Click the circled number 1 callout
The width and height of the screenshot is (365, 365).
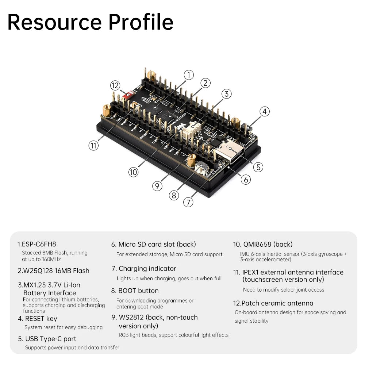coord(188,75)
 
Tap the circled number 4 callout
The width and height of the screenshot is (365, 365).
coord(265,112)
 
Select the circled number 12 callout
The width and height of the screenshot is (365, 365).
coord(115,85)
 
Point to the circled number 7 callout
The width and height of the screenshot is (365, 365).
coord(188,202)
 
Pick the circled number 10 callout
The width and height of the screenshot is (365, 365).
coord(134,172)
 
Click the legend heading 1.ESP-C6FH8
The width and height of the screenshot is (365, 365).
coord(37,244)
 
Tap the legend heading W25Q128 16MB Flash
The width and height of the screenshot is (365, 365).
coord(53,271)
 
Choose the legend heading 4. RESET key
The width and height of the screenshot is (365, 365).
coord(38,319)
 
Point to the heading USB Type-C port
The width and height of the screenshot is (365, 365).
coord(50,339)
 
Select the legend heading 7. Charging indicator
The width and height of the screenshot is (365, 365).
coord(144,269)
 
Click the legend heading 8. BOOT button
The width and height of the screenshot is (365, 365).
coord(135,291)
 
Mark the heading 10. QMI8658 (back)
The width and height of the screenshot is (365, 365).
coord(263,245)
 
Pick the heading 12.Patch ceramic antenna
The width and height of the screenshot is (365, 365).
coord(273,303)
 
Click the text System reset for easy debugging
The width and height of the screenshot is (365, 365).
coord(64,327)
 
